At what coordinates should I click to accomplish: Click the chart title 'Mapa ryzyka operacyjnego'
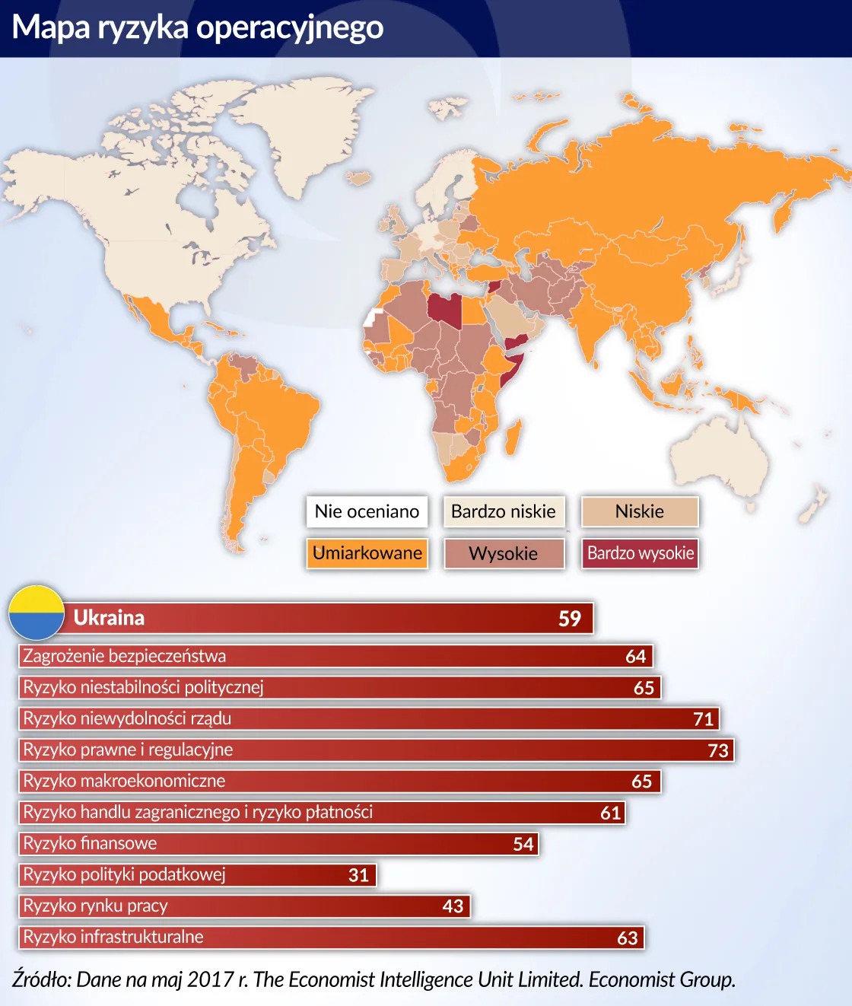pyautogui.click(x=198, y=27)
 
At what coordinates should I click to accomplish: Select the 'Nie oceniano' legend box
pyautogui.click(x=367, y=511)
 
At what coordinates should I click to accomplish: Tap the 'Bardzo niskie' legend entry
pyautogui.click(x=504, y=511)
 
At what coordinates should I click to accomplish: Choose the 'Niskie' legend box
pyautogui.click(x=640, y=511)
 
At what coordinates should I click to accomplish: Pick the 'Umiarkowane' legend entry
pyautogui.click(x=367, y=553)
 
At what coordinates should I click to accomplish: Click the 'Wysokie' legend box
pyautogui.click(x=504, y=553)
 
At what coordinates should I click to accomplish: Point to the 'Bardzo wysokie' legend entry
pyautogui.click(x=640, y=553)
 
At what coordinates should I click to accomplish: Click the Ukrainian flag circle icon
pyautogui.click(x=37, y=613)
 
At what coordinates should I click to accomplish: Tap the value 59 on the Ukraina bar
pyautogui.click(x=570, y=619)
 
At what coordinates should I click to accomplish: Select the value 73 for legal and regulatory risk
pyautogui.click(x=718, y=750)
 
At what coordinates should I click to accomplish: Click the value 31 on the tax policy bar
pyautogui.click(x=359, y=875)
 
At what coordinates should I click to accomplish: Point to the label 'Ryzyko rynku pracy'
pyautogui.click(x=95, y=906)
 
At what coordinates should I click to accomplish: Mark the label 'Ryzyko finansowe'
pyautogui.click(x=90, y=843)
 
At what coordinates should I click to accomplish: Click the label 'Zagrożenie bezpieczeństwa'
pyautogui.click(x=125, y=656)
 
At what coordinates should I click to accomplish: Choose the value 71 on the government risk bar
pyautogui.click(x=704, y=719)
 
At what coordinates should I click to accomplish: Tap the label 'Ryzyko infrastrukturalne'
pyautogui.click(x=113, y=937)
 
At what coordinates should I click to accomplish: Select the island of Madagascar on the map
pyautogui.click(x=513, y=437)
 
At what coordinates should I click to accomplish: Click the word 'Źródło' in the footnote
pyautogui.click(x=41, y=979)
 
